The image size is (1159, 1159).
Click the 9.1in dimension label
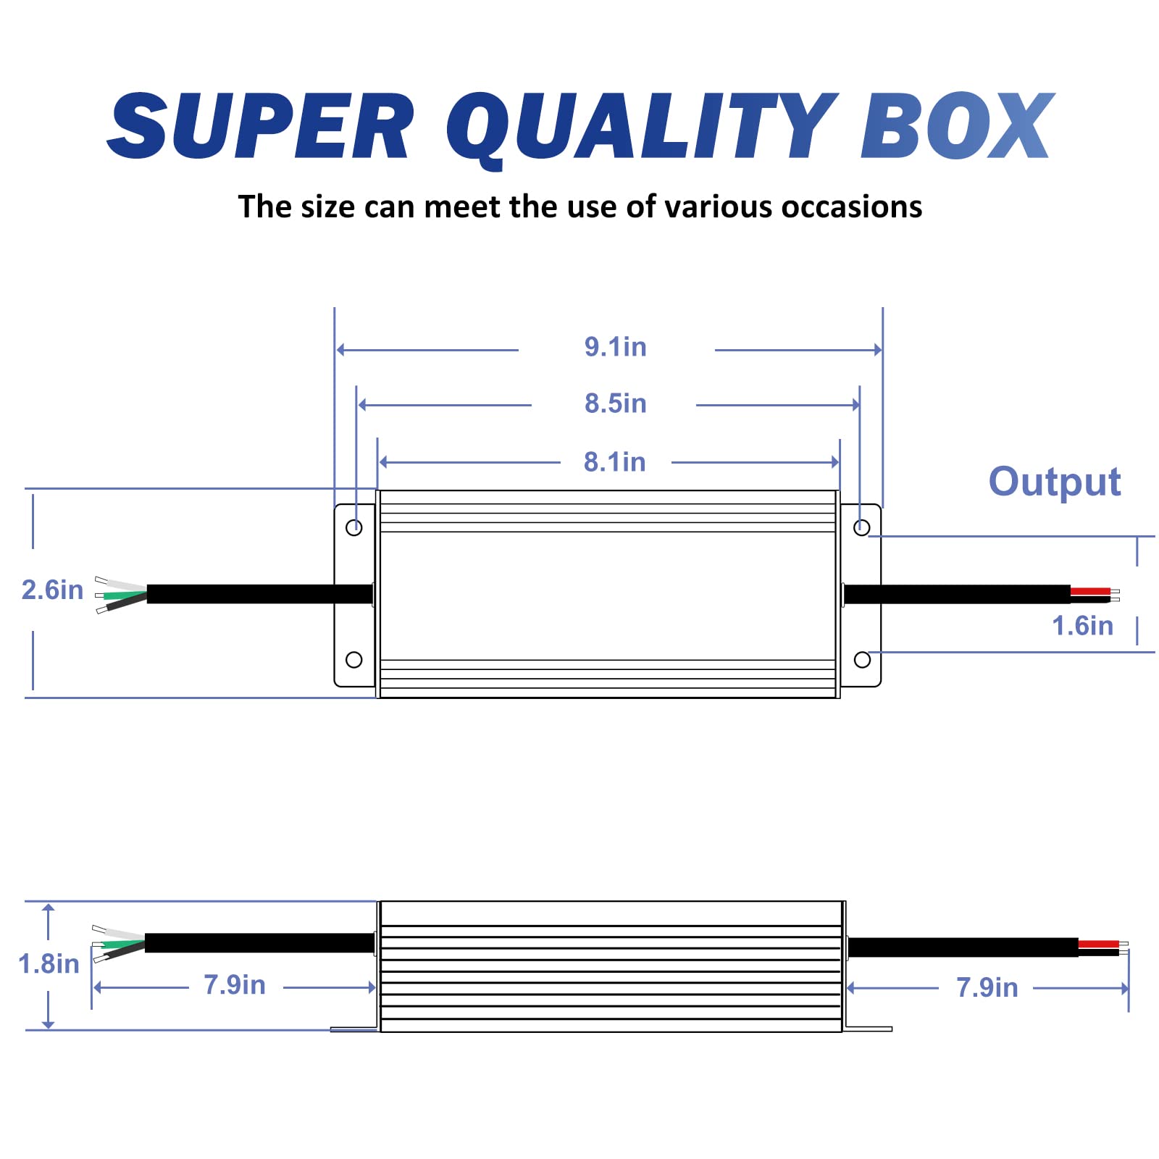point(615,347)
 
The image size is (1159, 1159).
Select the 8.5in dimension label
point(615,403)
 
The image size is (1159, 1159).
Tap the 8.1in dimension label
point(614,462)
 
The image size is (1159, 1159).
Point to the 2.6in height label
point(52,590)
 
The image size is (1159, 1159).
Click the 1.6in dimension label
point(1082,626)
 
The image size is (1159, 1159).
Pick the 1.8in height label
point(49,964)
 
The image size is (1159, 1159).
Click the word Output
point(1055,482)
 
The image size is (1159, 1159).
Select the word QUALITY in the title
point(642,129)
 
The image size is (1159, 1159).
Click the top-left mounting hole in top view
point(354,527)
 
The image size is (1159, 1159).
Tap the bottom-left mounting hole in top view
point(354,660)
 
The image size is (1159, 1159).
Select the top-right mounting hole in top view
point(862,527)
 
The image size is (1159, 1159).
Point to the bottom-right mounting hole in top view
point(862,660)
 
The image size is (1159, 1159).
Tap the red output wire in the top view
point(1090,592)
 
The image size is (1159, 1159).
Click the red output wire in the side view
point(1098,944)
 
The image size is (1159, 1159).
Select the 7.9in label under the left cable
point(235,985)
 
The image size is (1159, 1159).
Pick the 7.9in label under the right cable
point(987,988)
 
